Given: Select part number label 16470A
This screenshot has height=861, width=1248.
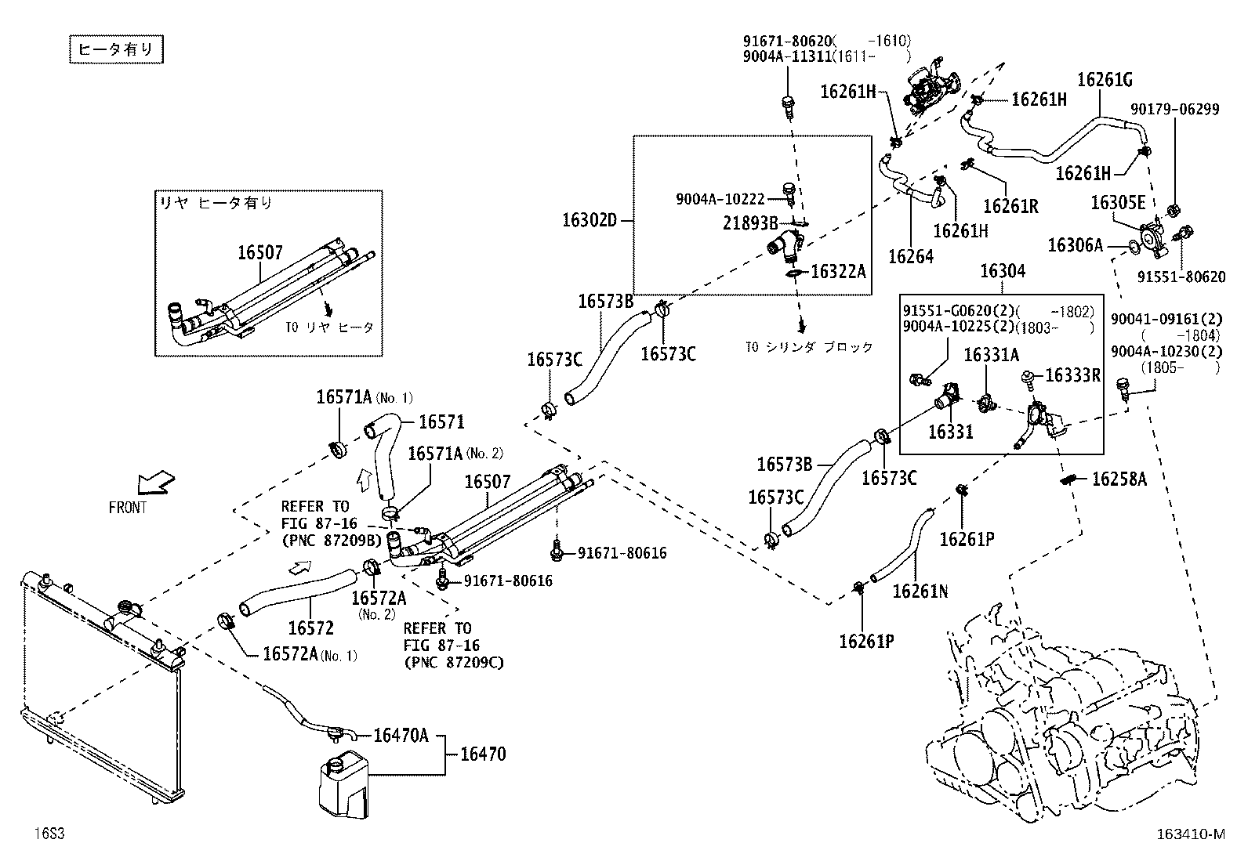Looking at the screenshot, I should (x=401, y=736).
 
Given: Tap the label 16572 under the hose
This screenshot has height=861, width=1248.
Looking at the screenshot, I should (x=310, y=628).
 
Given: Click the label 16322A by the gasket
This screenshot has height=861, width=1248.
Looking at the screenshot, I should (x=838, y=272).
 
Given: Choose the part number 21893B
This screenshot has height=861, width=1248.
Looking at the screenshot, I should (x=751, y=222).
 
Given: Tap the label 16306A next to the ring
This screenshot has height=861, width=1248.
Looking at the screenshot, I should (x=1075, y=246).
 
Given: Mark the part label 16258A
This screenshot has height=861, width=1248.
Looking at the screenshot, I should (x=1119, y=479).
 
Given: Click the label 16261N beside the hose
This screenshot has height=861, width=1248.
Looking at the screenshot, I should (x=920, y=591).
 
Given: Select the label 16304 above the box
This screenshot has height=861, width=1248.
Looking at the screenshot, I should (x=1003, y=271).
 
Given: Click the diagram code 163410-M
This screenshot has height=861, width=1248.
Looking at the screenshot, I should (x=1188, y=834).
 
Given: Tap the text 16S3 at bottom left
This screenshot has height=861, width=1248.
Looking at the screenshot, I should (x=49, y=834).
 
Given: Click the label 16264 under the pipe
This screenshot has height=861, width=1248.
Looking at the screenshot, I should (x=910, y=256).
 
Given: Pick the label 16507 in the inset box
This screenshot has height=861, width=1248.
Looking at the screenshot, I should (x=260, y=252).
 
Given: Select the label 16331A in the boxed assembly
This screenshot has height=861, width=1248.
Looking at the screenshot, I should (x=991, y=355).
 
